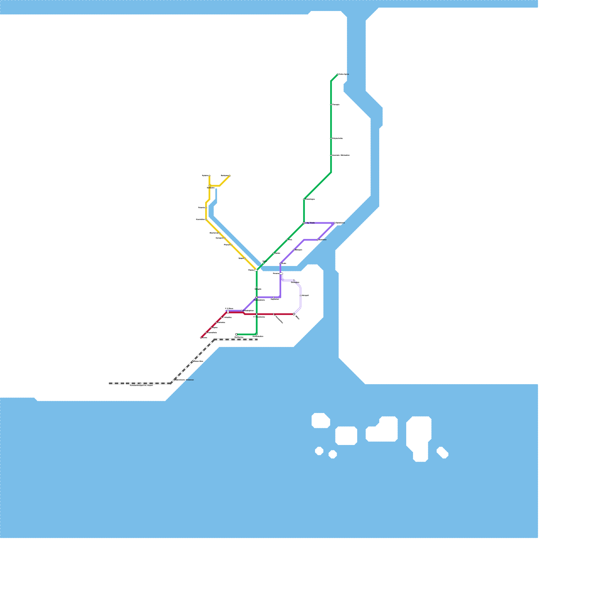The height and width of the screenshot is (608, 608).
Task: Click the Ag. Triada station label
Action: pos(310,223)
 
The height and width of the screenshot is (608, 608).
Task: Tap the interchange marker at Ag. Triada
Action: pos(304,223)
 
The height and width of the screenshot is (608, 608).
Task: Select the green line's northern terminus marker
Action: pos(338,74)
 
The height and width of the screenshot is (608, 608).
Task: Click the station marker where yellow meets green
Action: pos(256,270)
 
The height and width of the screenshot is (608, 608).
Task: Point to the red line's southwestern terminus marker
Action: pos(201,337)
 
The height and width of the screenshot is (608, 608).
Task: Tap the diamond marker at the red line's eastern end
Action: pos(294,314)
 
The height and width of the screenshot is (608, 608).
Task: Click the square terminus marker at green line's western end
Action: pos(236,334)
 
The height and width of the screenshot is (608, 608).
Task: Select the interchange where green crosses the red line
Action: pos(256,314)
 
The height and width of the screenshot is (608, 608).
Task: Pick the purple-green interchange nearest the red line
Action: pos(256,297)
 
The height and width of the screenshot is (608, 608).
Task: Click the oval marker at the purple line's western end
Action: pos(227,311)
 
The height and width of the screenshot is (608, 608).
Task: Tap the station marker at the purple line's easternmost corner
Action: pos(334,223)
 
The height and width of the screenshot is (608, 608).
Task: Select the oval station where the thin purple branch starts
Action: pos(282,274)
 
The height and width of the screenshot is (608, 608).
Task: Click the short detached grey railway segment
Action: pos(116,383)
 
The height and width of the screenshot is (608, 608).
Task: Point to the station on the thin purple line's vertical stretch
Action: pos(301,296)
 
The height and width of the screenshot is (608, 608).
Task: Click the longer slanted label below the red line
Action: pos(279,320)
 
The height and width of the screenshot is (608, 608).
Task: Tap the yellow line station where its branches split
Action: pos(209,186)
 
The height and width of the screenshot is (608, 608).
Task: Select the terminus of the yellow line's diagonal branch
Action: pos(230,176)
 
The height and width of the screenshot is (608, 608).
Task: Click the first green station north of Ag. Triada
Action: pos(304,199)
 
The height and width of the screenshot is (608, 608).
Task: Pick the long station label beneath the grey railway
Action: pos(141,386)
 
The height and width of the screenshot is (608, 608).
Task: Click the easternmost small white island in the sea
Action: pos(442,453)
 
